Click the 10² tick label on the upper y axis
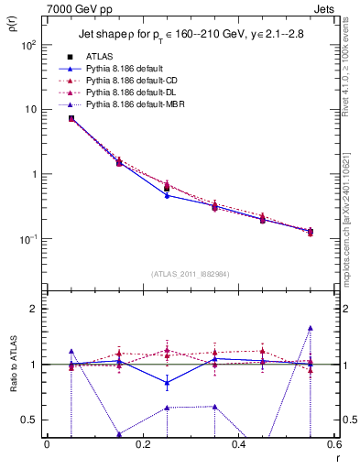30,44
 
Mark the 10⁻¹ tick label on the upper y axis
30,239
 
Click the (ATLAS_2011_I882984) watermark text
191,273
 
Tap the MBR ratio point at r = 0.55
311,328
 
